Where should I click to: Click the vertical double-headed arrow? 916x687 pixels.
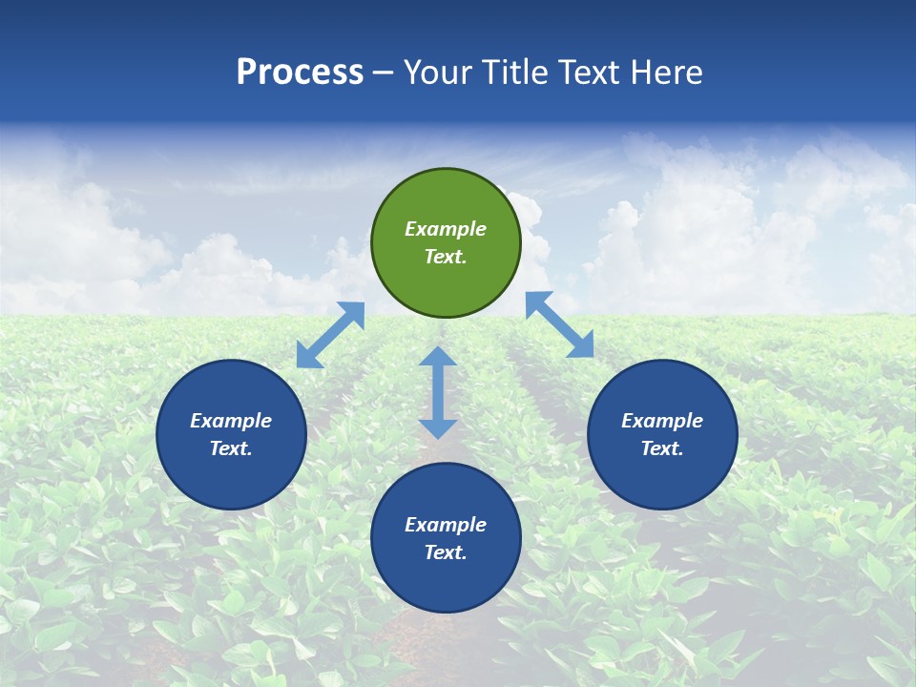pyautogui.click(x=438, y=392)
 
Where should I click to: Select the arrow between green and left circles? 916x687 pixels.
pyautogui.click(x=330, y=335)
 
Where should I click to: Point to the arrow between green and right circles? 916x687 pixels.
pyautogui.click(x=560, y=324)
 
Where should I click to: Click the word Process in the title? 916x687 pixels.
pyautogui.click(x=300, y=73)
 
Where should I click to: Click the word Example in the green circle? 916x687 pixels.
pyautogui.click(x=446, y=229)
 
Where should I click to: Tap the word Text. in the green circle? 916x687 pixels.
pyautogui.click(x=446, y=257)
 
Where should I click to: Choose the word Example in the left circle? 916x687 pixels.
pyautogui.click(x=231, y=421)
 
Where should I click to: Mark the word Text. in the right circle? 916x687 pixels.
pyautogui.click(x=662, y=448)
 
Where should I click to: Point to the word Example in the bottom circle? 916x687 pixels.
pyautogui.click(x=446, y=525)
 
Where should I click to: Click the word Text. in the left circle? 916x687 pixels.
pyautogui.click(x=231, y=448)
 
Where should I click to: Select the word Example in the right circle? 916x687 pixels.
pyautogui.click(x=662, y=421)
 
